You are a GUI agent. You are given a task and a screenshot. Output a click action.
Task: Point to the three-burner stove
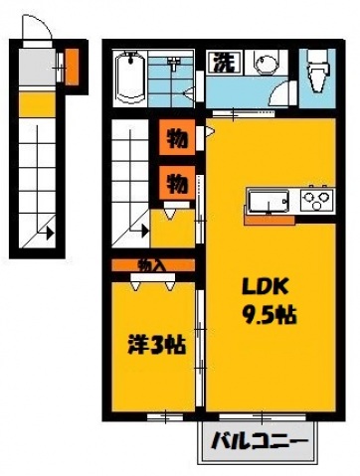tap(315, 198)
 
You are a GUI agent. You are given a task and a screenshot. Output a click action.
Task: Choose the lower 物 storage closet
tap(176, 183)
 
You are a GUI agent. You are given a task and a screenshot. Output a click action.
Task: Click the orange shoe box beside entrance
tap(72, 67)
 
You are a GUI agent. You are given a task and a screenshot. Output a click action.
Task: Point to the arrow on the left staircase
tap(46, 235)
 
